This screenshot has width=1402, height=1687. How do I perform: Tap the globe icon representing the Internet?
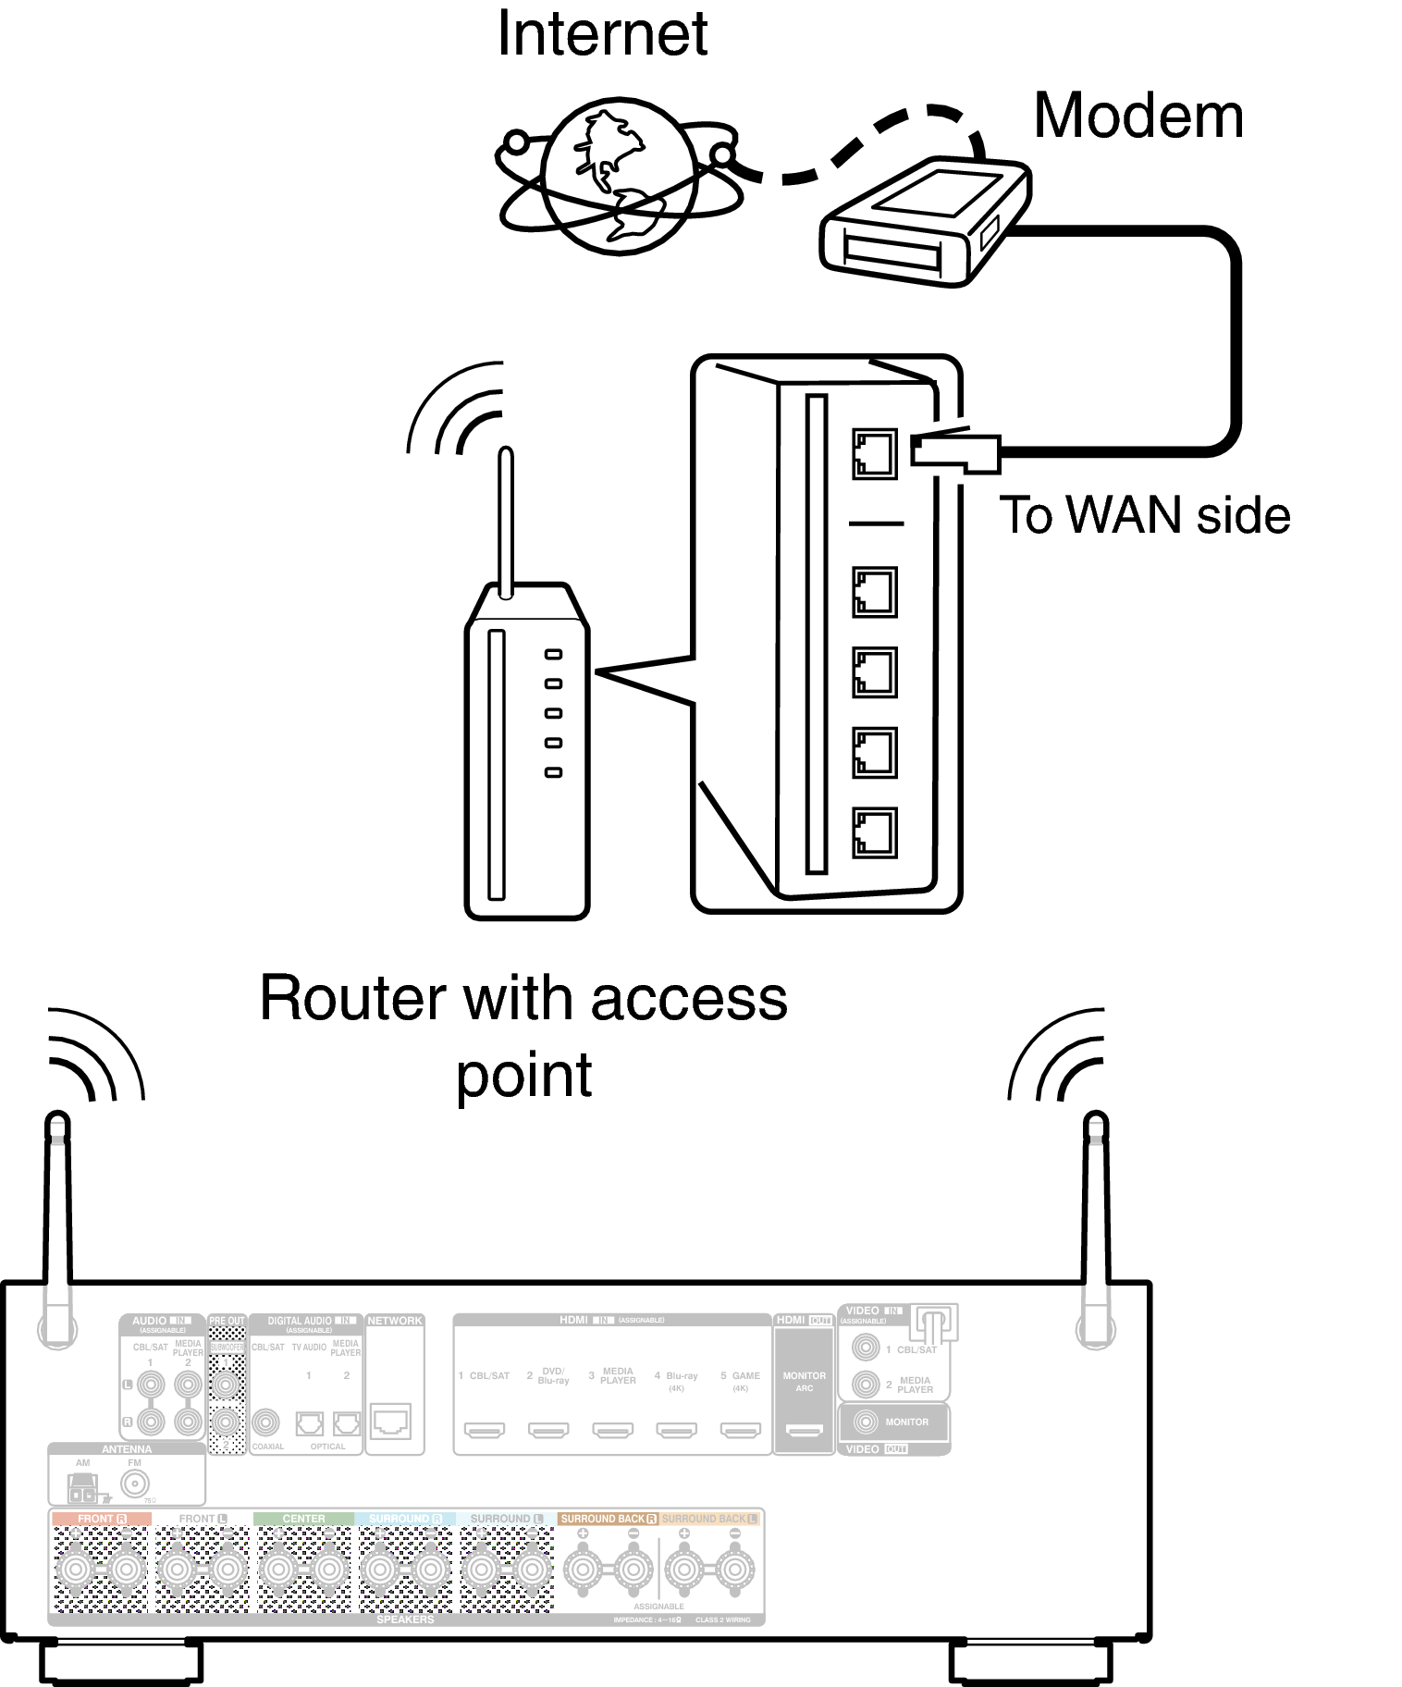coord(618,177)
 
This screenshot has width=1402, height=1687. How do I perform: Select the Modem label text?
coord(1138,117)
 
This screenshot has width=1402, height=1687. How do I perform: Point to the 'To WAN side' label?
coord(1144,515)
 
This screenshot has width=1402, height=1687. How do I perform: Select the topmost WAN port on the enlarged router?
coord(874,453)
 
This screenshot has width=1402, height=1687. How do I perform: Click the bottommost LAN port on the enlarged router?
coord(874,831)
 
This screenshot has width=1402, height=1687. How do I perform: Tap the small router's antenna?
coord(506,523)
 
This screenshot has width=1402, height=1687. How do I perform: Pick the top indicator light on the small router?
coord(553,654)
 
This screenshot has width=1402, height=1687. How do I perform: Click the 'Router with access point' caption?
coord(523,1036)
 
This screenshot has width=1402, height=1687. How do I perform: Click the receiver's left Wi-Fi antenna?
coord(57,1221)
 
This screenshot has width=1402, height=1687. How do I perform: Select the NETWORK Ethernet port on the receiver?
coord(391,1421)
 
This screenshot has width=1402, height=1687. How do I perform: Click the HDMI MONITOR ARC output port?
coord(804,1431)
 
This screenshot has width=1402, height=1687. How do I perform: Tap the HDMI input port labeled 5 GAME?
coord(741,1431)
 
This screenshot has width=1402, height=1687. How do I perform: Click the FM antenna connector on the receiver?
coord(135,1485)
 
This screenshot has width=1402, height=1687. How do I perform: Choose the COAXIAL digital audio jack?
coord(266,1422)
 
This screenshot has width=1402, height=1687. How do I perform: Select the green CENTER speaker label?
coord(303,1519)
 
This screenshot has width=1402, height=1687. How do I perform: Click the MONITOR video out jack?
coord(867,1422)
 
